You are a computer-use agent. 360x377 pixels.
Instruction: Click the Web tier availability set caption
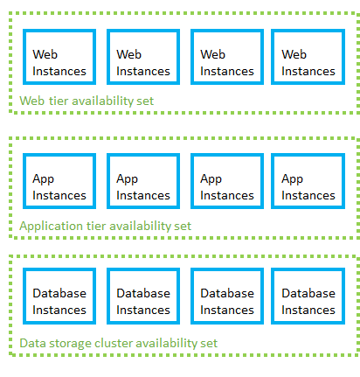tap(87, 101)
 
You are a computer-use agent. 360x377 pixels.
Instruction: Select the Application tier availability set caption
tap(105, 226)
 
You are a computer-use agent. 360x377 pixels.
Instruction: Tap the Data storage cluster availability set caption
tap(118, 343)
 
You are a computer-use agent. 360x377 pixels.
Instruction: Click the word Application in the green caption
tap(51, 226)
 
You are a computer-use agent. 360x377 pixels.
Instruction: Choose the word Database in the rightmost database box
tap(308, 293)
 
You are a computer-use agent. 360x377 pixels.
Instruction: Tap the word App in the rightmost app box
tap(294, 178)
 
